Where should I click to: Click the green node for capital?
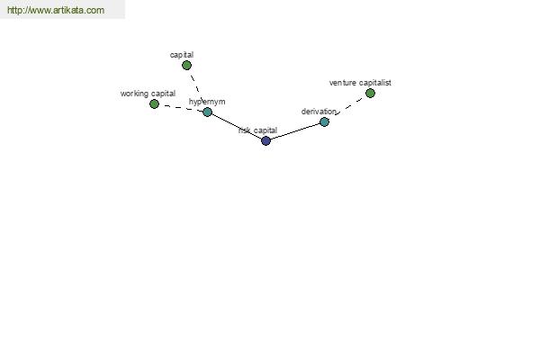click(186, 65)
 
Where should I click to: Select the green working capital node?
click(154, 103)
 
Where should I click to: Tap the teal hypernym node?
click(207, 112)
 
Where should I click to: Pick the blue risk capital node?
click(265, 140)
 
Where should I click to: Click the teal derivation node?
click(324, 121)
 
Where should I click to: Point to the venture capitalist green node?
click(370, 93)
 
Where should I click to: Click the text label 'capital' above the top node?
click(182, 55)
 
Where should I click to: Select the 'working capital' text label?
click(148, 94)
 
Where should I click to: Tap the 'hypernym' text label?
click(207, 102)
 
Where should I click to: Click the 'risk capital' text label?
click(258, 130)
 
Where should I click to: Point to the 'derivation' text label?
click(319, 112)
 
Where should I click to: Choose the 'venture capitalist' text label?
click(360, 83)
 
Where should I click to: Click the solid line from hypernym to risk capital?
click(237, 126)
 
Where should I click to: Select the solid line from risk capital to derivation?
click(295, 131)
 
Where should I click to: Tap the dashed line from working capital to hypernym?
click(181, 108)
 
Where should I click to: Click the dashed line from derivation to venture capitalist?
click(348, 106)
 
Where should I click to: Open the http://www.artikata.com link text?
click(56, 10)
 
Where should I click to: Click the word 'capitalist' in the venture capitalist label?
click(375, 83)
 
